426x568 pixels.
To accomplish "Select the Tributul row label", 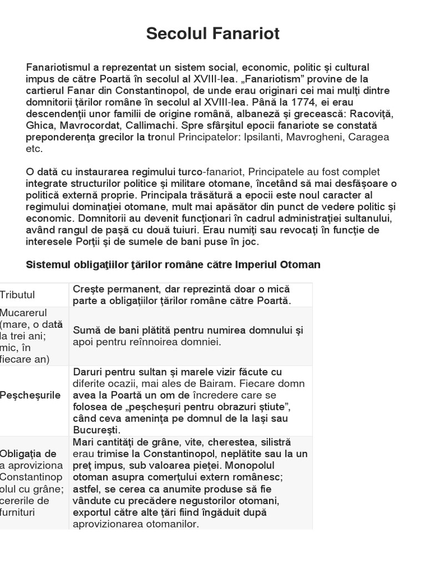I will coord(17,295).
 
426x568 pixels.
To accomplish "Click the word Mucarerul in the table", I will coord(24,312).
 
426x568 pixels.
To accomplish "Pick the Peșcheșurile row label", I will coord(31,395).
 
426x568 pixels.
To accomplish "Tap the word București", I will coord(97,430).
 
